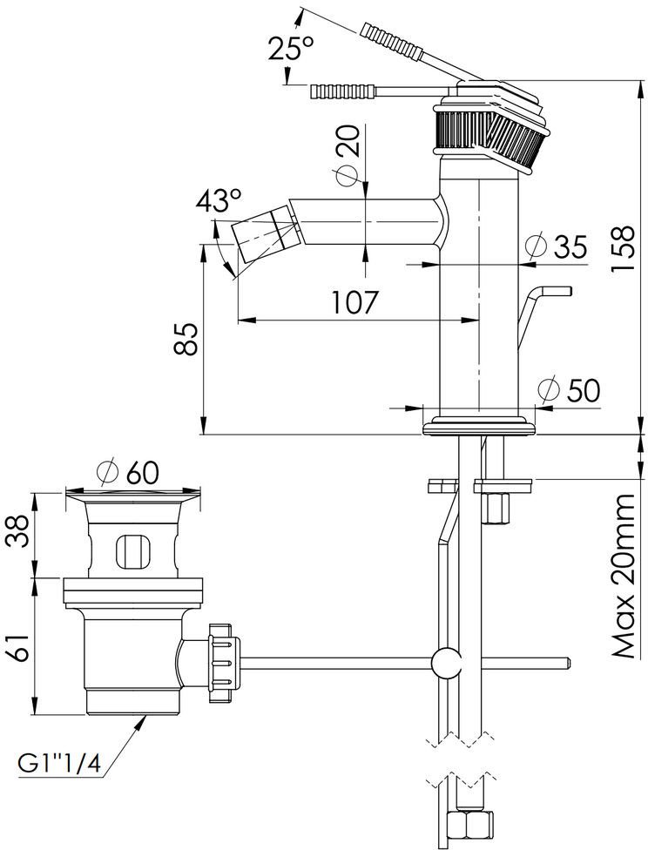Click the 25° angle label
click(291, 49)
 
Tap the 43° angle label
click(218, 202)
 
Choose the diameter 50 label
click(570, 391)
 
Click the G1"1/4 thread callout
click(58, 764)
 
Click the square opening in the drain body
click(131, 550)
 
